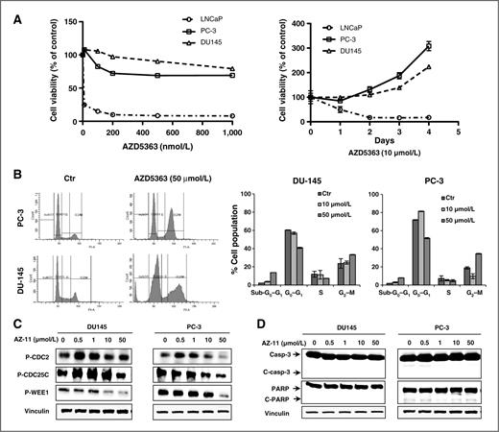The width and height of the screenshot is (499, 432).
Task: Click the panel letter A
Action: click(x=9, y=9)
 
